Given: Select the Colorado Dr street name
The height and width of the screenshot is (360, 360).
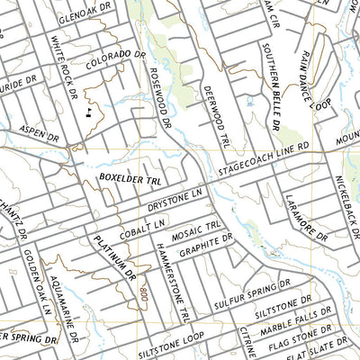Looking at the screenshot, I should click(116, 61).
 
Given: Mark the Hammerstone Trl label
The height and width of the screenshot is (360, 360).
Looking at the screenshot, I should click(171, 283).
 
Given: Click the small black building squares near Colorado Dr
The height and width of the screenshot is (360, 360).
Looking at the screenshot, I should click(88, 113).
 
